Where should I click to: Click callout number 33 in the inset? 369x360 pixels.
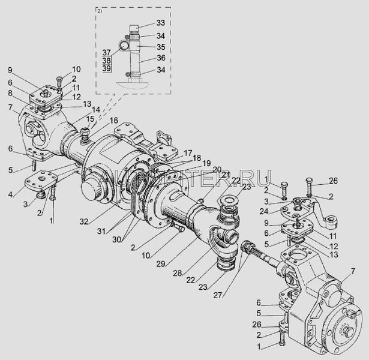160,23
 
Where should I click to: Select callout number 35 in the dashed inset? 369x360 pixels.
160,46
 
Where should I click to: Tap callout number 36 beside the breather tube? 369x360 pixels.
160,58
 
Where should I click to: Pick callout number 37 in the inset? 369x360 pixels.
107,52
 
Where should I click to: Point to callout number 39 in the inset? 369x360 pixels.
107,70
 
